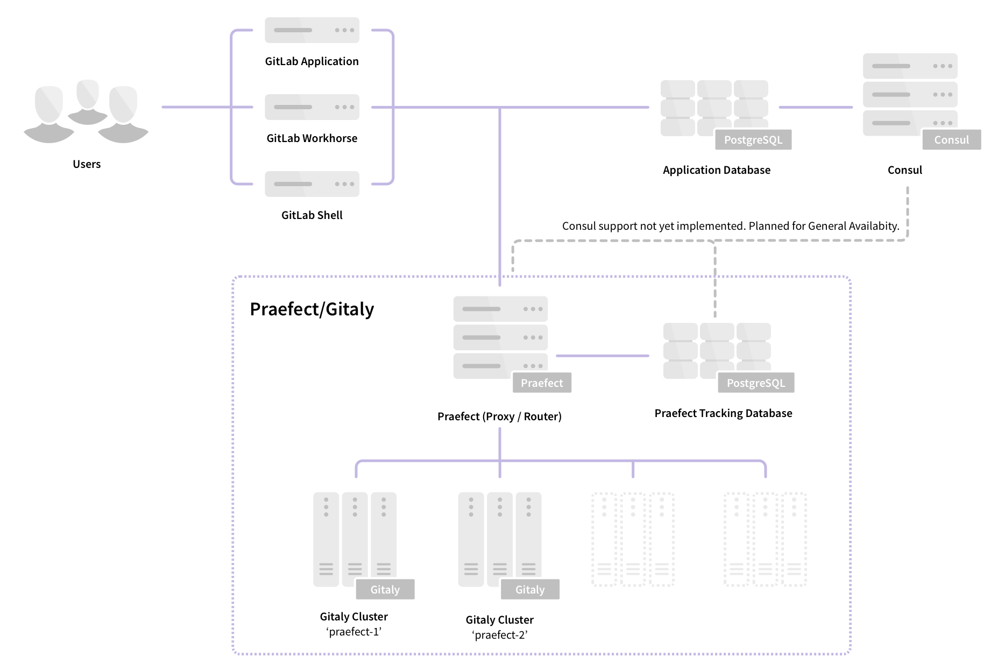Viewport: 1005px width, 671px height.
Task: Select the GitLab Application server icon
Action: pos(312,30)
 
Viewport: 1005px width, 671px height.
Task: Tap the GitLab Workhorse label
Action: pos(312,138)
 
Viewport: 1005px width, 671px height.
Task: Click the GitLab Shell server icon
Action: pos(312,184)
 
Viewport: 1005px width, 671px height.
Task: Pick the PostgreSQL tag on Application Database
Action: pos(753,140)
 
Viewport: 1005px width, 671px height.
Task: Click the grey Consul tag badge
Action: pos(951,140)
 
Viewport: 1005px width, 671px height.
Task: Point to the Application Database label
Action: pos(716,170)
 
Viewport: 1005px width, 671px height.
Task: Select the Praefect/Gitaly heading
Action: pos(312,309)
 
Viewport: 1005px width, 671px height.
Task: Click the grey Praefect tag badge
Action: pos(541,383)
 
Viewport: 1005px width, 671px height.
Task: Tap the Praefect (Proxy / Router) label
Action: pos(499,416)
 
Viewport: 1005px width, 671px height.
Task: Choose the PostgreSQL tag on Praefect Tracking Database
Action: pos(755,383)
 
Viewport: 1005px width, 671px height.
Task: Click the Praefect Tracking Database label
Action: pos(723,413)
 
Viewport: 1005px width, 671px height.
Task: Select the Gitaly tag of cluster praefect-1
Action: pos(385,590)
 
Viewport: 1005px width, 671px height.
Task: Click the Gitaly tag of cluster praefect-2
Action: pos(529,590)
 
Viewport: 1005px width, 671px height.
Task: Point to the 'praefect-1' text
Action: pos(353,632)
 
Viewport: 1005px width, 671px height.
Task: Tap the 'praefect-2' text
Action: pos(499,635)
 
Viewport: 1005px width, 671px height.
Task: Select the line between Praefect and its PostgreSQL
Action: pos(603,356)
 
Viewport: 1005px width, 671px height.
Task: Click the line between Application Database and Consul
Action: pos(815,107)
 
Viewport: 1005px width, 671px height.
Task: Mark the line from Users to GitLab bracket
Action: pos(196,107)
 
